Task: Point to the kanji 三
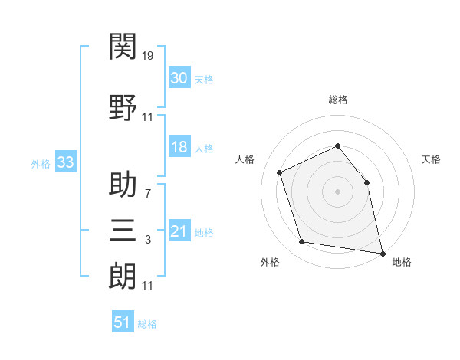tap(123, 229)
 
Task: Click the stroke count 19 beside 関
tap(148, 56)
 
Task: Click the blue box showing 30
tap(179, 79)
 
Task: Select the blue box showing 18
tap(179, 148)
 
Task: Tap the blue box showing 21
tap(179, 232)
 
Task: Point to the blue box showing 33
tap(64, 162)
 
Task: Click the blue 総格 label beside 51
tap(147, 324)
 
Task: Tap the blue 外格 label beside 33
tap(41, 163)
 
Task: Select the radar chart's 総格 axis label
tap(337, 100)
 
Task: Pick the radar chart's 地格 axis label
tap(402, 262)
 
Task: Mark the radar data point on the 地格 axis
tap(382, 252)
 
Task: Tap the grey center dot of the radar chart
tap(337, 191)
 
